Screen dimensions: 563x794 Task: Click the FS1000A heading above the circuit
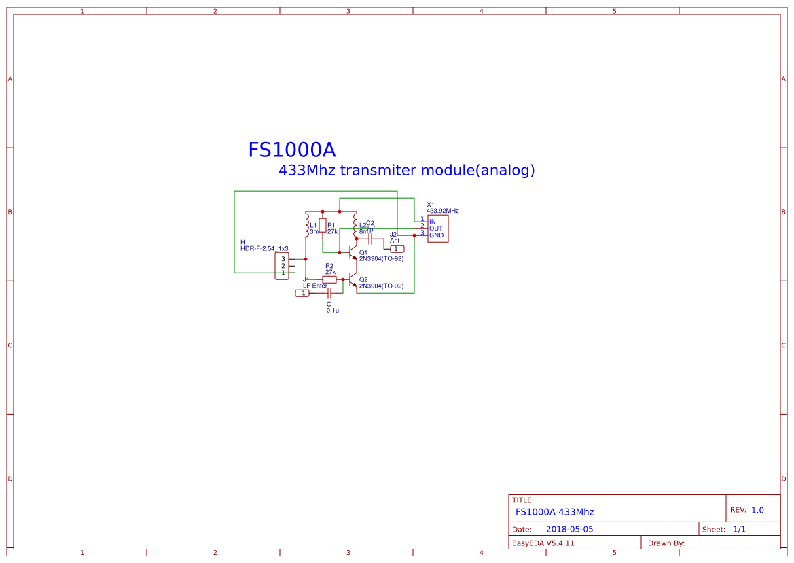[291, 150]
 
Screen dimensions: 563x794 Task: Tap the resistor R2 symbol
[329, 279]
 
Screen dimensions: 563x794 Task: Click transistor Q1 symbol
[353, 254]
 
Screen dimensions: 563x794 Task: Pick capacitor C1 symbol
[329, 293]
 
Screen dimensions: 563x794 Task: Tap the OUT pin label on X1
[435, 228]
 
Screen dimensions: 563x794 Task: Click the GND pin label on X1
[436, 235]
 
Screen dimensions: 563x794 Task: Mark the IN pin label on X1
[433, 222]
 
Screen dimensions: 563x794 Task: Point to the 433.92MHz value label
[443, 211]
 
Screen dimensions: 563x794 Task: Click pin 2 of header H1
[283, 266]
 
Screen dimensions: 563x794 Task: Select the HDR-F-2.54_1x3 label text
[264, 249]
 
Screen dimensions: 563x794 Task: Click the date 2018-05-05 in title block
[569, 529]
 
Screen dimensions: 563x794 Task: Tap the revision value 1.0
[757, 510]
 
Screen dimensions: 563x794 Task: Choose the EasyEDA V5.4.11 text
[543, 543]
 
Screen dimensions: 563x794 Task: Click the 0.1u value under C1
[332, 310]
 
